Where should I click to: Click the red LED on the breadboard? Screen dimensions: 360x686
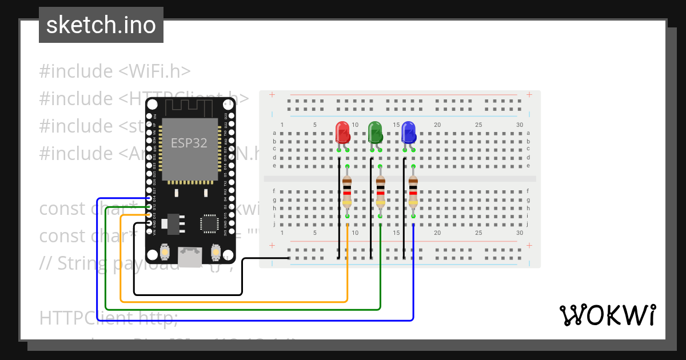click(x=342, y=132)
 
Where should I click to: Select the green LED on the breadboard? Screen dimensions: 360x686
click(x=375, y=132)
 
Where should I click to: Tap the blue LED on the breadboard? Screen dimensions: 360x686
click(x=408, y=132)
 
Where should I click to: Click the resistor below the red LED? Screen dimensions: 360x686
click(x=347, y=192)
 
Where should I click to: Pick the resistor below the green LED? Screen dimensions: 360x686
click(x=380, y=192)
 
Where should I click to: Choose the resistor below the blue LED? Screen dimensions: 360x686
click(x=413, y=192)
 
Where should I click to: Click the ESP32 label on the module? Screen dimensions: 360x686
click(x=189, y=143)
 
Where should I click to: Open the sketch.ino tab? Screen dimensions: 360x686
click(x=101, y=25)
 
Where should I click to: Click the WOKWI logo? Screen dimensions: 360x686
click(x=607, y=315)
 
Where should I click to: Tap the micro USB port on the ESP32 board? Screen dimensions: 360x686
click(x=189, y=257)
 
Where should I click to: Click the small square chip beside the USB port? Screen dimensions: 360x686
click(x=209, y=223)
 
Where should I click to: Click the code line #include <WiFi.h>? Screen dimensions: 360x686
click(x=114, y=71)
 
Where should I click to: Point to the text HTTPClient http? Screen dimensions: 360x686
click(x=109, y=318)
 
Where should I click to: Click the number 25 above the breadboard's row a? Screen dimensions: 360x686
click(x=478, y=125)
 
